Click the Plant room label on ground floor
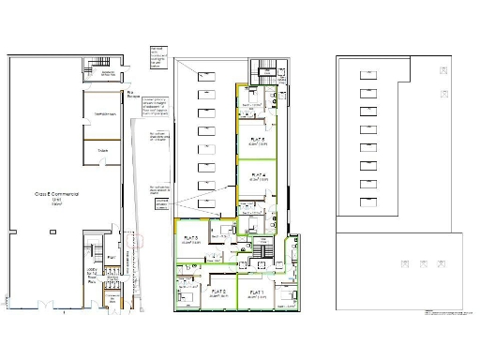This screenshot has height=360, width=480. (x=112, y=256)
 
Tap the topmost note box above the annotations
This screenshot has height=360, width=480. (x=157, y=55)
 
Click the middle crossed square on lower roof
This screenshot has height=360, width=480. (x=419, y=263)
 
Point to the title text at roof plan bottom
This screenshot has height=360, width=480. (x=445, y=315)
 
